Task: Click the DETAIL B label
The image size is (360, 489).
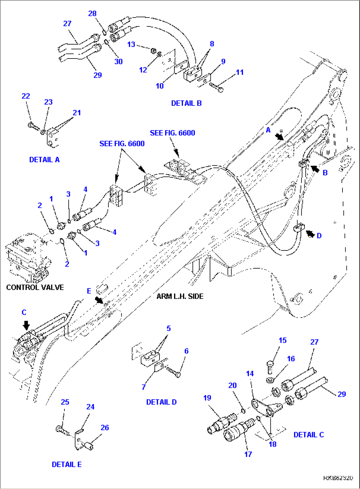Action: (x=186, y=103)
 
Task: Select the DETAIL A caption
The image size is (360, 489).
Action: (x=44, y=160)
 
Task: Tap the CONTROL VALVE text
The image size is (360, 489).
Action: (x=35, y=287)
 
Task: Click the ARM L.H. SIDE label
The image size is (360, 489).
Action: (x=180, y=296)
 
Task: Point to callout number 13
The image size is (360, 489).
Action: (x=131, y=44)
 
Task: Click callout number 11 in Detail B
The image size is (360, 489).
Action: (x=240, y=72)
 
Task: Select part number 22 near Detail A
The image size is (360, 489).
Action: (x=26, y=96)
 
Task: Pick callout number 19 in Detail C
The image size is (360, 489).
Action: (x=207, y=397)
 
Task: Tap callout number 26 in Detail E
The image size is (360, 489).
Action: (x=105, y=427)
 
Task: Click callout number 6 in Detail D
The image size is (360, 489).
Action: (x=186, y=351)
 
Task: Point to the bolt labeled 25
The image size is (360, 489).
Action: (x=61, y=430)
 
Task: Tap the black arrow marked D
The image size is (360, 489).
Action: (x=310, y=234)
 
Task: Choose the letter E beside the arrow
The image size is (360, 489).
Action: (x=89, y=291)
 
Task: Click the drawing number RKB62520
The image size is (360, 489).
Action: (x=338, y=478)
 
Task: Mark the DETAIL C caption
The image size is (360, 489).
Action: (x=308, y=434)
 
